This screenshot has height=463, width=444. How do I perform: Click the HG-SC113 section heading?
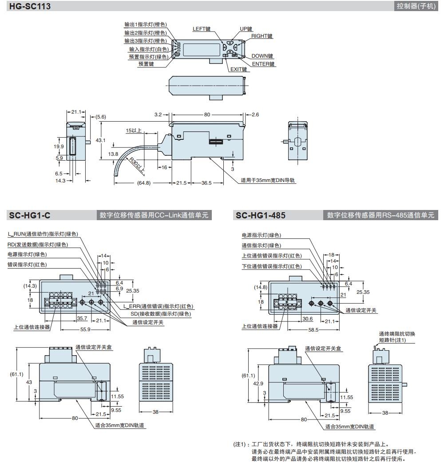[30, 6]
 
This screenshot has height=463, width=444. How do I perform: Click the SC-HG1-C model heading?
[29, 216]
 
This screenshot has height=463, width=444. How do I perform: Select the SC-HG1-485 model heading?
[261, 216]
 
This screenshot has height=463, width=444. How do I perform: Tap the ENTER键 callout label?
[263, 64]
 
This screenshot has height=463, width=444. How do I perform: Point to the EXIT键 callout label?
[238, 69]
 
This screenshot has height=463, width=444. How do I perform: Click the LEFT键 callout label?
[201, 28]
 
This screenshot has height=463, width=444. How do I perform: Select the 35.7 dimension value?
[82, 318]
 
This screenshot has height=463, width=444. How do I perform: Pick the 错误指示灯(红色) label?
[27, 264]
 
